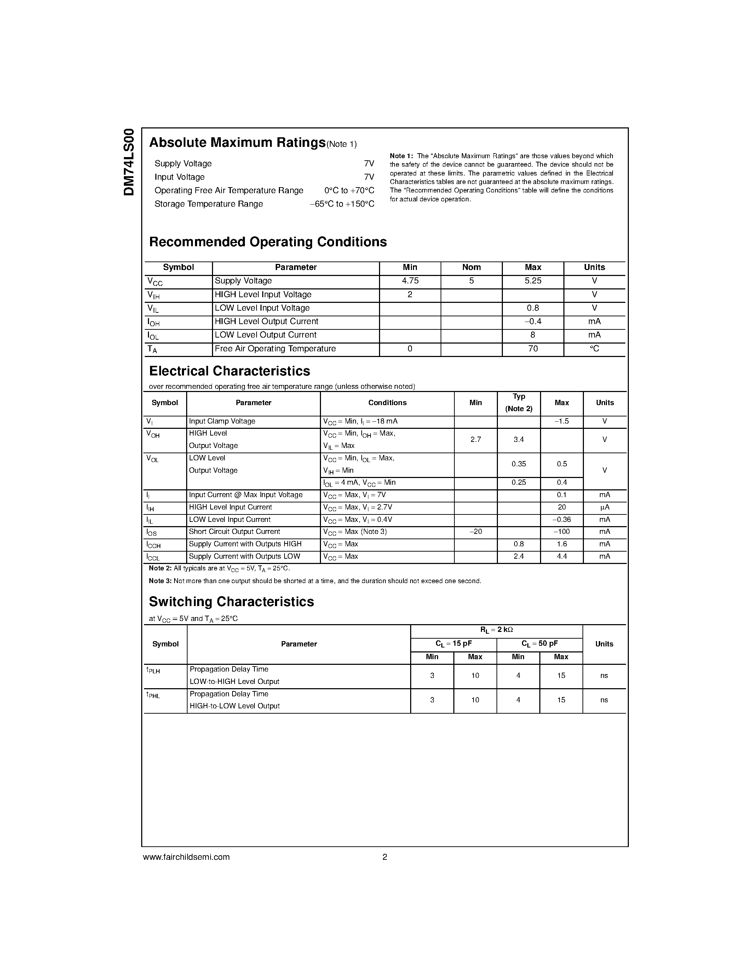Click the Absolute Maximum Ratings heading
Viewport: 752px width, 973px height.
[x=237, y=143]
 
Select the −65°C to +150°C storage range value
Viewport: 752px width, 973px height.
[x=342, y=204]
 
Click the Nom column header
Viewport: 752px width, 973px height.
[x=471, y=267]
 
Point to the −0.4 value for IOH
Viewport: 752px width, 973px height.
[x=533, y=322]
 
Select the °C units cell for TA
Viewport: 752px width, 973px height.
[x=594, y=349]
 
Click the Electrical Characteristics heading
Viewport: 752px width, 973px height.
[x=229, y=371]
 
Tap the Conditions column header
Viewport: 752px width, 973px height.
[x=387, y=403]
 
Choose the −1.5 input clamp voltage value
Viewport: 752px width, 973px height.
[x=561, y=421]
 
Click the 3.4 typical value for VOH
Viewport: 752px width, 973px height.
[x=518, y=440]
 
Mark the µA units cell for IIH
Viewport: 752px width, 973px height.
[x=604, y=507]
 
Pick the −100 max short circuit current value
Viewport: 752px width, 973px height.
[x=561, y=532]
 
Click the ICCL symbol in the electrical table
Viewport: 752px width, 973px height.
[x=153, y=557]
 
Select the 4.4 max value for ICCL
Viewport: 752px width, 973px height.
[x=562, y=557]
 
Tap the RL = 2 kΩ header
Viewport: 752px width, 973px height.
[x=496, y=630]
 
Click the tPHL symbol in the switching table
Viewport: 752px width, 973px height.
[x=153, y=695]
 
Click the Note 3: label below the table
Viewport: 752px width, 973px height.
[x=160, y=581]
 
